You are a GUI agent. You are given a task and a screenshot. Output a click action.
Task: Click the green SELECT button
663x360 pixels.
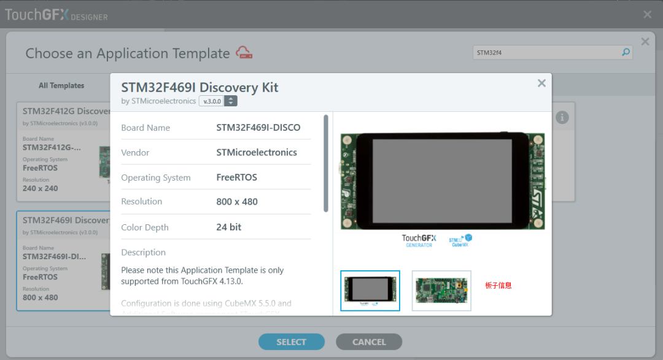coord(291,342)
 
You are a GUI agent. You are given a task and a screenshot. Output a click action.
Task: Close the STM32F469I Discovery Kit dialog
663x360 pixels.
coord(541,84)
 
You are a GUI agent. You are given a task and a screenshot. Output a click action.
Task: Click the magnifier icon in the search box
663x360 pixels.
coord(626,52)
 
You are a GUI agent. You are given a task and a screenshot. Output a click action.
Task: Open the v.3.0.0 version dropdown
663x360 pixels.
coord(230,101)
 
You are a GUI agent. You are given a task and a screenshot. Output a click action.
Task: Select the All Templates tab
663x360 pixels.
coord(61,85)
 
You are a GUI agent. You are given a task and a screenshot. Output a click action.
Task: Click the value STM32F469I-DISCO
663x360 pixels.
coord(258,128)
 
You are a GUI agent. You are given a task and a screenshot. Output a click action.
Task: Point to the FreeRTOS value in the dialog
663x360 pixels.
coord(236,178)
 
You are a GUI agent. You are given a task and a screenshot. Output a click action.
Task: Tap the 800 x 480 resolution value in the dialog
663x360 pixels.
coord(236,202)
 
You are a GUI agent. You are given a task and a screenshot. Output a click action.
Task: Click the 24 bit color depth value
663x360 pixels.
coord(228,227)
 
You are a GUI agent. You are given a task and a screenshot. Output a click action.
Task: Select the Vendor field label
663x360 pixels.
coord(135,152)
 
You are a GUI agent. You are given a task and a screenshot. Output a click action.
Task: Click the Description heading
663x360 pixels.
coord(143,252)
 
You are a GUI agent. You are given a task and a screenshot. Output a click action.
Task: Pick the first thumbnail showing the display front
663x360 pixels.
coord(370,291)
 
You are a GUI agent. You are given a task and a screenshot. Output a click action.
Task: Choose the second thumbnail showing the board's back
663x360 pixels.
coord(441,291)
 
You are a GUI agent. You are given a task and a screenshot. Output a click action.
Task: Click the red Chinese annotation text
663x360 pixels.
coord(498,286)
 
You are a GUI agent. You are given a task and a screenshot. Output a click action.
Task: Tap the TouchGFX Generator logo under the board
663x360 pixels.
coord(419,240)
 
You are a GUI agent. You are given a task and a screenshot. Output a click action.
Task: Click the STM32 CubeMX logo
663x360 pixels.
coord(460,240)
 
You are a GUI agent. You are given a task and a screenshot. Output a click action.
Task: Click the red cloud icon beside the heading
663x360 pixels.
coord(244,53)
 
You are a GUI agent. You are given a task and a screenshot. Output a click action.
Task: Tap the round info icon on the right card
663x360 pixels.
coord(562,117)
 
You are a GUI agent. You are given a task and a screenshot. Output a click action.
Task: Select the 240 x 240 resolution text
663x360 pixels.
coord(40,189)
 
